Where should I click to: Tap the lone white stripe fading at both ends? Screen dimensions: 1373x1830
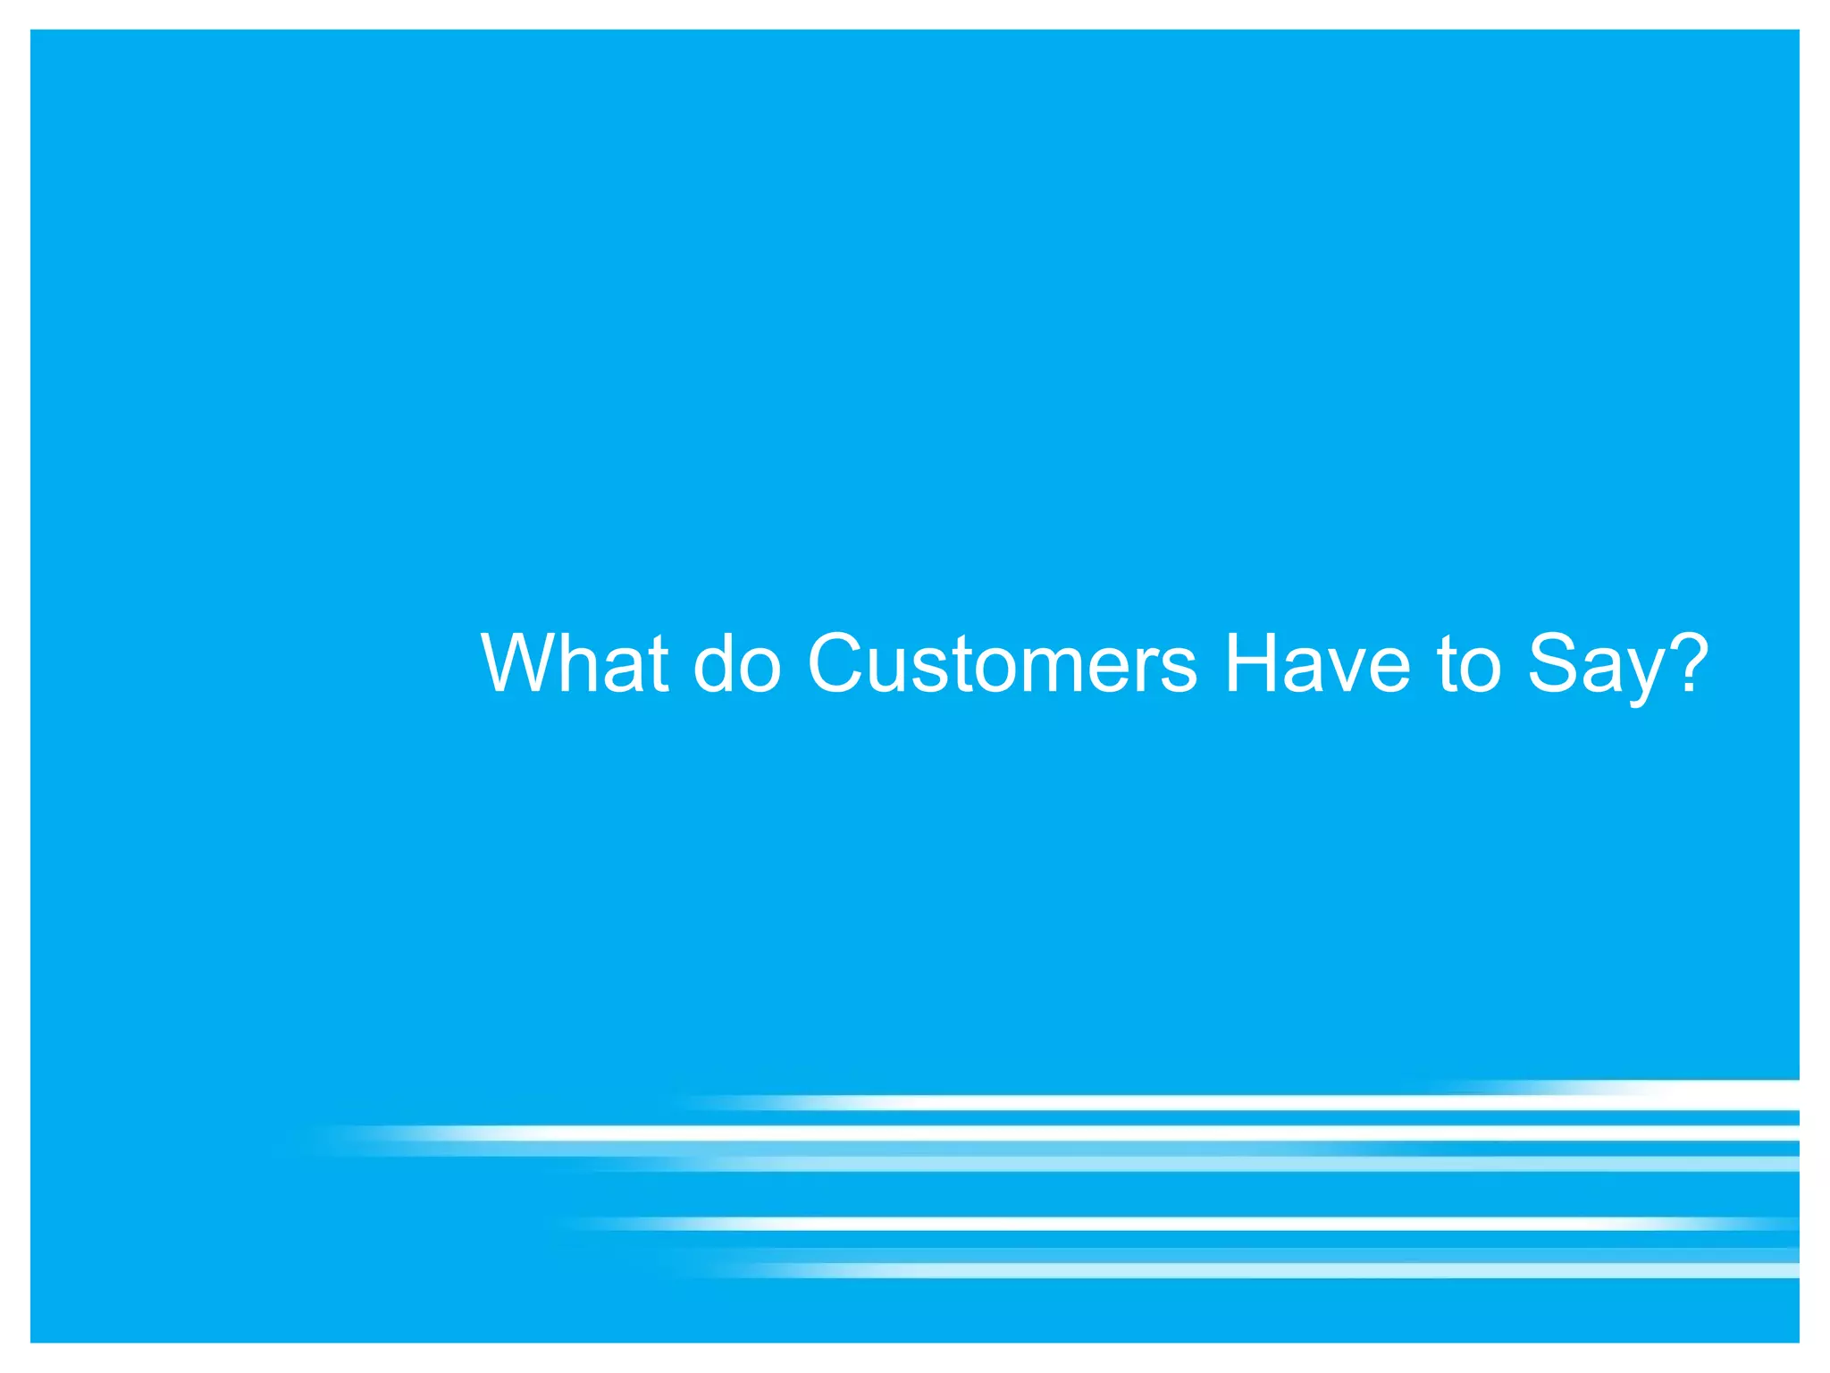coord(1162,1224)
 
